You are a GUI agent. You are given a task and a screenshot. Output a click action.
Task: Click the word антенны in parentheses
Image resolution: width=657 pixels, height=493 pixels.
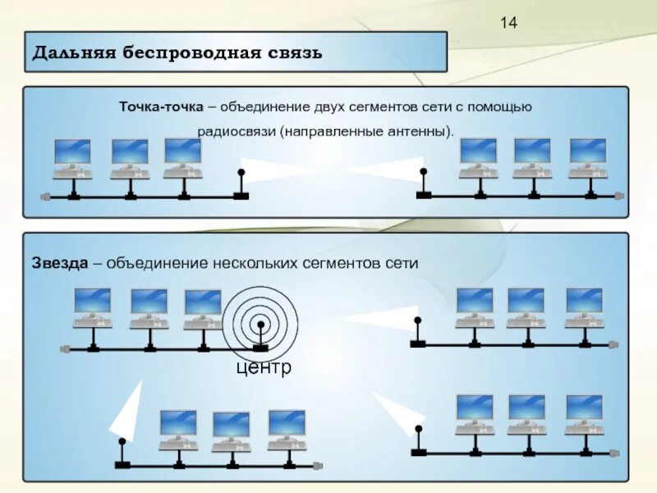419,131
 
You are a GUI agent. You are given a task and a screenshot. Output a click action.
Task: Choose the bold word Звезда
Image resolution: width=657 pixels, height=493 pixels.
60,264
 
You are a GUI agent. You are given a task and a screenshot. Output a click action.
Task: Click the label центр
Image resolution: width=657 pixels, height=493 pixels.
263,367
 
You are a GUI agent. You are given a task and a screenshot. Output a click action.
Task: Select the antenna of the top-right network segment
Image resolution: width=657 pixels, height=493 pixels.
424,182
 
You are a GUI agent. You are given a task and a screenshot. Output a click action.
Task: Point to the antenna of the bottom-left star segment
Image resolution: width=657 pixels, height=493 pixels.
122,453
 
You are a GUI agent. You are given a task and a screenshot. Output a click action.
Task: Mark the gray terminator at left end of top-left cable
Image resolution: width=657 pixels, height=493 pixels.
46,197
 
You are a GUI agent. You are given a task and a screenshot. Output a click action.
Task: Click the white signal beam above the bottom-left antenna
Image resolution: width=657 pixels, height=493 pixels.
124,415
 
